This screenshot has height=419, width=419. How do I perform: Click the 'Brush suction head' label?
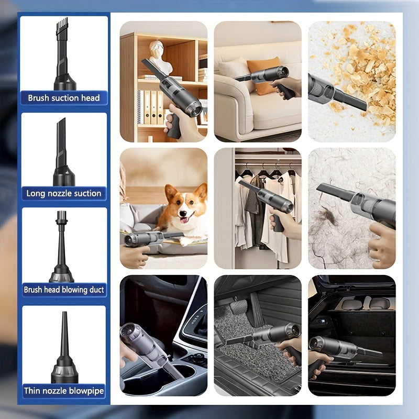pos(64,98)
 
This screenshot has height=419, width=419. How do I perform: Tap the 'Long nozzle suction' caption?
pos(64,193)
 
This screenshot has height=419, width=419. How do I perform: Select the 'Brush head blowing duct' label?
pos(64,290)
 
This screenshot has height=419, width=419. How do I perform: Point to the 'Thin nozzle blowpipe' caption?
pos(64,391)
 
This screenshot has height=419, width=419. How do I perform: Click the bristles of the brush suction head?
pos(62,24)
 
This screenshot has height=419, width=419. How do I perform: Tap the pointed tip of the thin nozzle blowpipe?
pos(64,313)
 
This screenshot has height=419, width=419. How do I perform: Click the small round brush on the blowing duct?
pos(61,216)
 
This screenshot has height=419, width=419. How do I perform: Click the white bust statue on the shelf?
pos(160,58)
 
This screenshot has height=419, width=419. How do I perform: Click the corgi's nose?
pos(183,213)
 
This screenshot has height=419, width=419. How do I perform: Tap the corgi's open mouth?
pos(184,219)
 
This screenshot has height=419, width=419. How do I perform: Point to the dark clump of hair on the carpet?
pos(328,216)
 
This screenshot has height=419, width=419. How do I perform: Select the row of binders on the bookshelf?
pos(150,107)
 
